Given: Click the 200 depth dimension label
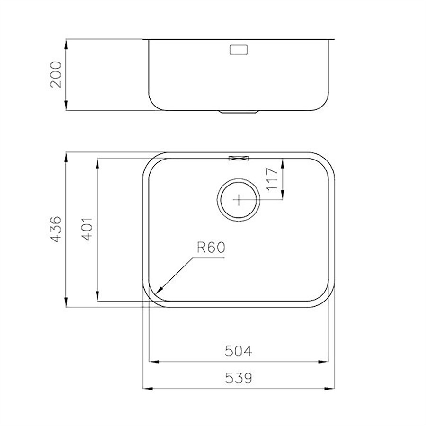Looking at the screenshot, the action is point(56,74).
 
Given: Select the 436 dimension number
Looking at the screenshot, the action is point(56,229).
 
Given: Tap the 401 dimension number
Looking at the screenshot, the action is point(87,229).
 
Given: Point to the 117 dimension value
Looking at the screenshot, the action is point(273,179).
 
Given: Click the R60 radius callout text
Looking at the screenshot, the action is point(211,248).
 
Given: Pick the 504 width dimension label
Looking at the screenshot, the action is point(238,351).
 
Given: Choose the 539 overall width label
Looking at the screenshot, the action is point(239,378).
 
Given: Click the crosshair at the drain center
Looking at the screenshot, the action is point(239,200).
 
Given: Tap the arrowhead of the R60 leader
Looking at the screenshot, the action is point(160,291).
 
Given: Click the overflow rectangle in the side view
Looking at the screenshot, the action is point(239,50).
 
